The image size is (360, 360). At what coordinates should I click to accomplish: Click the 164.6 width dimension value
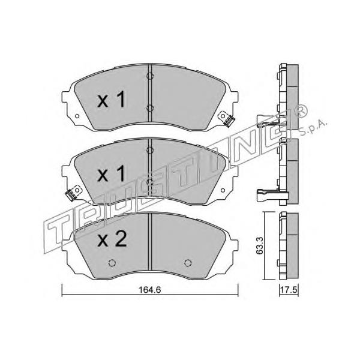[149, 290]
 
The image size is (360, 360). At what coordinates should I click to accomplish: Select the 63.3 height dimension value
[260, 246]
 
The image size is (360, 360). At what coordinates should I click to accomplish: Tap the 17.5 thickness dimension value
[289, 290]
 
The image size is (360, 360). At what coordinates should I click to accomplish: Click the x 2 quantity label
[112, 239]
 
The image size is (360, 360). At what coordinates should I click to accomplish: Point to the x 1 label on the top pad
[112, 99]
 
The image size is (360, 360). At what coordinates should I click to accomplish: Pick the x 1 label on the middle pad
[112, 173]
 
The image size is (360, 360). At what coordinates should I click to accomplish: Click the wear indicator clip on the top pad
[226, 118]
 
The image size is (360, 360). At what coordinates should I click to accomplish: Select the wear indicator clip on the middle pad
[73, 193]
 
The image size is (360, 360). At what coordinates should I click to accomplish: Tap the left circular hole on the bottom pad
[112, 263]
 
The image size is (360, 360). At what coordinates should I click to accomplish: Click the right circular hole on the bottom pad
[188, 263]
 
